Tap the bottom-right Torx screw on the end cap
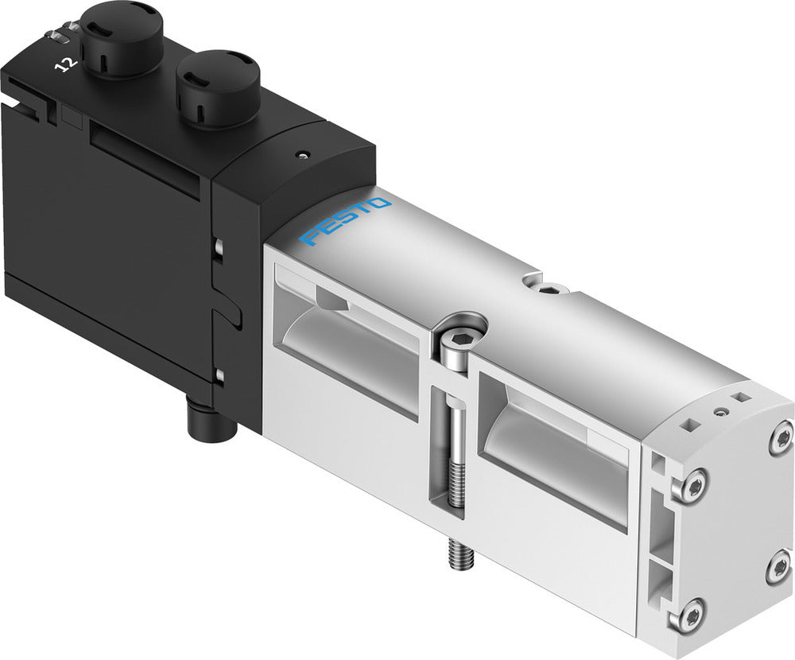[x=778, y=566]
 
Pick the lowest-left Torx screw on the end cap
[x=689, y=615]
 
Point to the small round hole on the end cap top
[x=719, y=412]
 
